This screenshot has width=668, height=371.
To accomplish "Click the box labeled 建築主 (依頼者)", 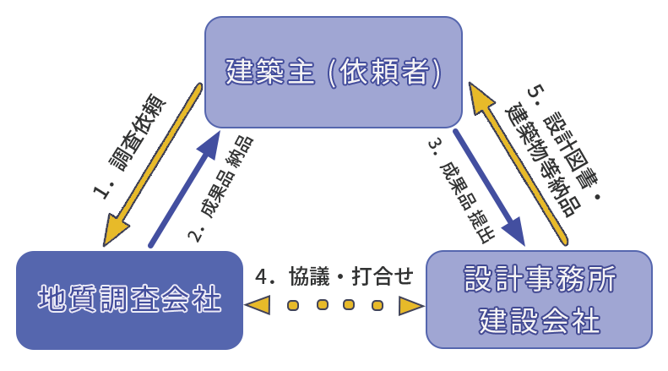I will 334,72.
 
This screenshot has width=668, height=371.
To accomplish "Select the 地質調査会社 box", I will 129,299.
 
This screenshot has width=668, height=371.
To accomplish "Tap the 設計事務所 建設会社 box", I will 540,299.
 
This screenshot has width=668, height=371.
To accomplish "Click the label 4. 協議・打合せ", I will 334,276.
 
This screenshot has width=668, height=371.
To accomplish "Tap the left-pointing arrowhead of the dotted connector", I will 257,305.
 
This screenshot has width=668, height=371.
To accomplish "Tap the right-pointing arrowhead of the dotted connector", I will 410,305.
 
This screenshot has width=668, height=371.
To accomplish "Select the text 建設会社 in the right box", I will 540,320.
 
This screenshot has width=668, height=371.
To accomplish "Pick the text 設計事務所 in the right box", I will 540,279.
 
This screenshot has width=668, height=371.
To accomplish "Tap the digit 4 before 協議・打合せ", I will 262,276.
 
